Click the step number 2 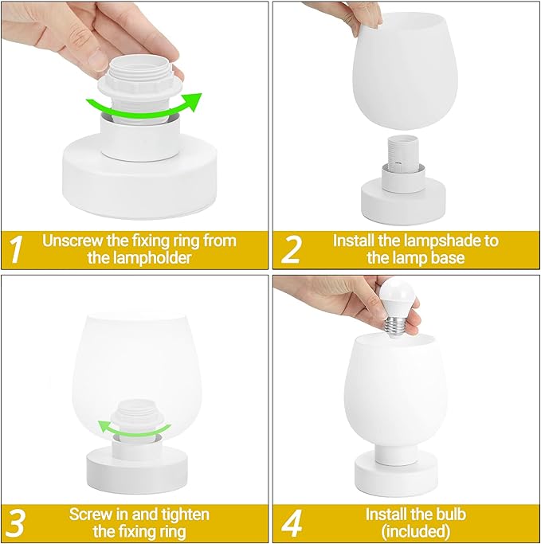point(292,249)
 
